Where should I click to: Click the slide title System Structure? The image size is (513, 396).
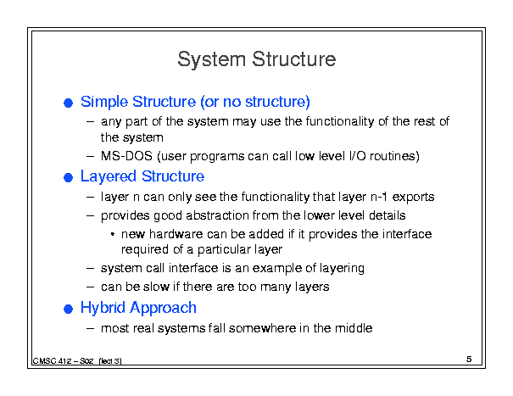click(x=256, y=60)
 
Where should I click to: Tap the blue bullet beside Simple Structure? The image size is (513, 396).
click(x=68, y=103)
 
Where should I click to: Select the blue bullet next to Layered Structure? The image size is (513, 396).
click(x=68, y=178)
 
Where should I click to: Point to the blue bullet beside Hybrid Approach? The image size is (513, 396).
click(x=68, y=309)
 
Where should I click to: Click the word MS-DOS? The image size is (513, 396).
click(x=126, y=156)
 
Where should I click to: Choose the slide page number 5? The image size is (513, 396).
click(x=469, y=359)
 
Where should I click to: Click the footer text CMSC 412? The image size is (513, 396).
click(x=52, y=361)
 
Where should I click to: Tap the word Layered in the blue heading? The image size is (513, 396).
click(x=109, y=176)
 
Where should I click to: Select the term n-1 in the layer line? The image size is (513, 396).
click(x=379, y=197)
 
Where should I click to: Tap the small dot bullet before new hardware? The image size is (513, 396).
click(x=113, y=234)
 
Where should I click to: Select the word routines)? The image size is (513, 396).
click(x=394, y=156)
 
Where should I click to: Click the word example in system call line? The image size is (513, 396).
click(x=277, y=268)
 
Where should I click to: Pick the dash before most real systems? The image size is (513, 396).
click(x=90, y=328)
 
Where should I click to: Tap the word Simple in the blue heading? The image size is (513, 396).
click(x=104, y=102)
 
